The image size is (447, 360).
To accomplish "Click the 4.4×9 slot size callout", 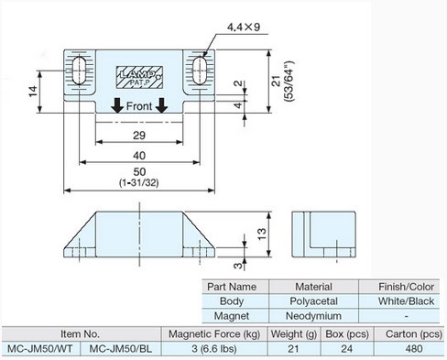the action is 244,27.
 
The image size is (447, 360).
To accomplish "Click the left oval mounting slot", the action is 80,70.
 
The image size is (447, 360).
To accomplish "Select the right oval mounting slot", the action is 200,70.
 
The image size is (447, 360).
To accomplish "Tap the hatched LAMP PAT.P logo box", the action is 139,77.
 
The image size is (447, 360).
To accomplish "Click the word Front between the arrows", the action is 139,106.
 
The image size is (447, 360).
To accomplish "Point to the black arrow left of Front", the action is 117,105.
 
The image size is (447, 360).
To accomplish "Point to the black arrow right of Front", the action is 161,105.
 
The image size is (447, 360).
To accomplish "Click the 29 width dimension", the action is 139,136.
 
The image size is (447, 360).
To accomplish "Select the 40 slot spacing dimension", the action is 139,156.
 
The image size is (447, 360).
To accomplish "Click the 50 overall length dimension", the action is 139,172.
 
